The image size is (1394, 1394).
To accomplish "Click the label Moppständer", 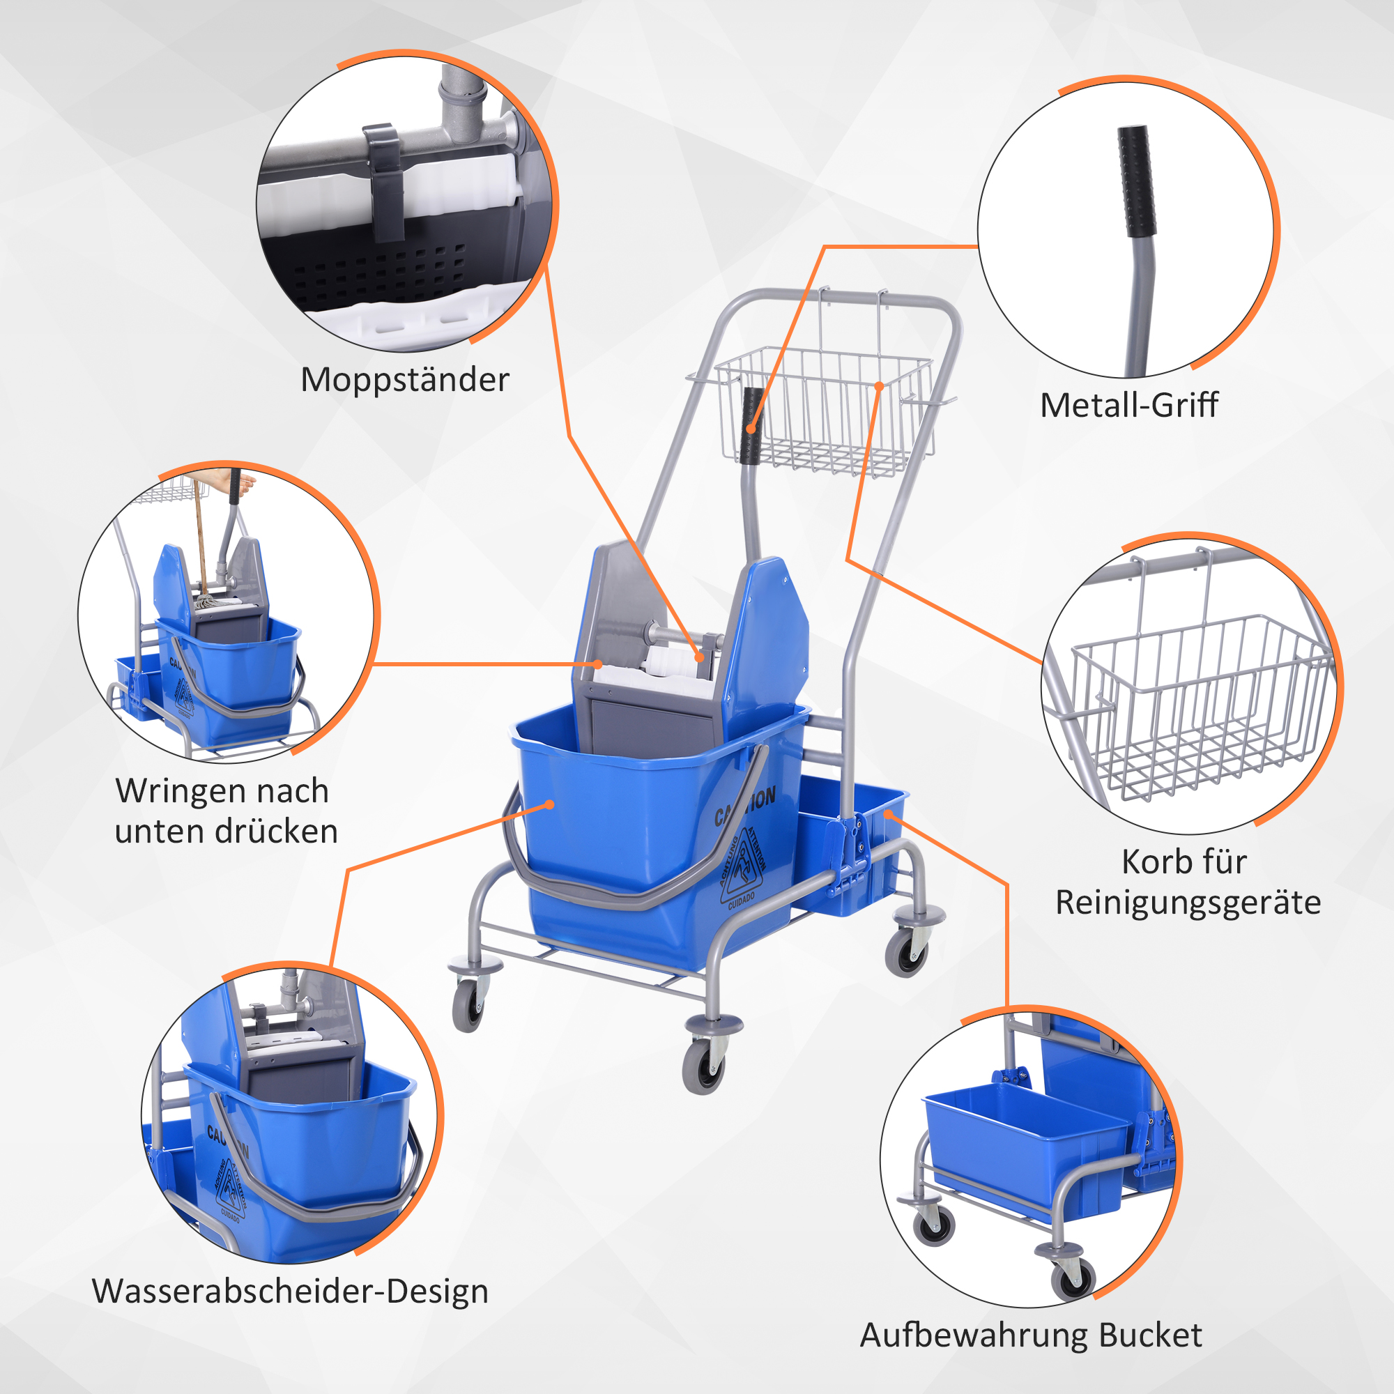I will click(x=405, y=381).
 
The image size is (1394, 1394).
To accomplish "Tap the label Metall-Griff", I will click(x=1128, y=405).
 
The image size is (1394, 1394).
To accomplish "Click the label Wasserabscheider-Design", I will click(x=290, y=1291).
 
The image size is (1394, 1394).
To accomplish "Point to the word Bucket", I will click(x=1150, y=1335).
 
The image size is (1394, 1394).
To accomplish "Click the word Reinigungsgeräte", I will click(x=1188, y=903).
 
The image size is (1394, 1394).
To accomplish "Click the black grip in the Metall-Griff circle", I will click(x=1136, y=181).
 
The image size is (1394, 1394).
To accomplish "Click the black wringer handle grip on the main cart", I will click(x=753, y=426).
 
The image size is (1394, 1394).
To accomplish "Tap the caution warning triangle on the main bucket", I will click(x=743, y=866).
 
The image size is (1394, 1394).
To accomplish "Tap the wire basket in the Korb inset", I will click(x=1197, y=707).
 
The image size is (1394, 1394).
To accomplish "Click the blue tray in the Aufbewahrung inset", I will click(x=1025, y=1147).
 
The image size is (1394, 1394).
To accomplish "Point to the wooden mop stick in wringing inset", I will click(x=200, y=534).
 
